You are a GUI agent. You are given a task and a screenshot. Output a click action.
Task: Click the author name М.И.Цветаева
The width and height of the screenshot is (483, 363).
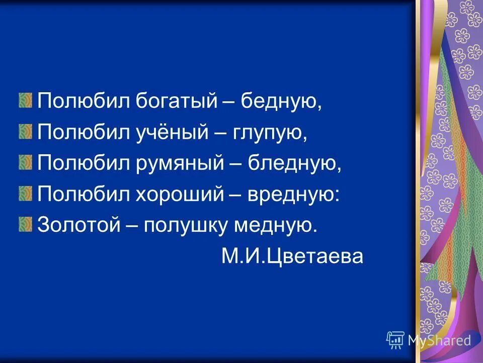tap(291, 257)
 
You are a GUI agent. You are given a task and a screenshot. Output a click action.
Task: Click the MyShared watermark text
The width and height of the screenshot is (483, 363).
tap(439, 340)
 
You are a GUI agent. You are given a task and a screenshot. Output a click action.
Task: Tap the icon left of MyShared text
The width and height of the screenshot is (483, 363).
tap(395, 340)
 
